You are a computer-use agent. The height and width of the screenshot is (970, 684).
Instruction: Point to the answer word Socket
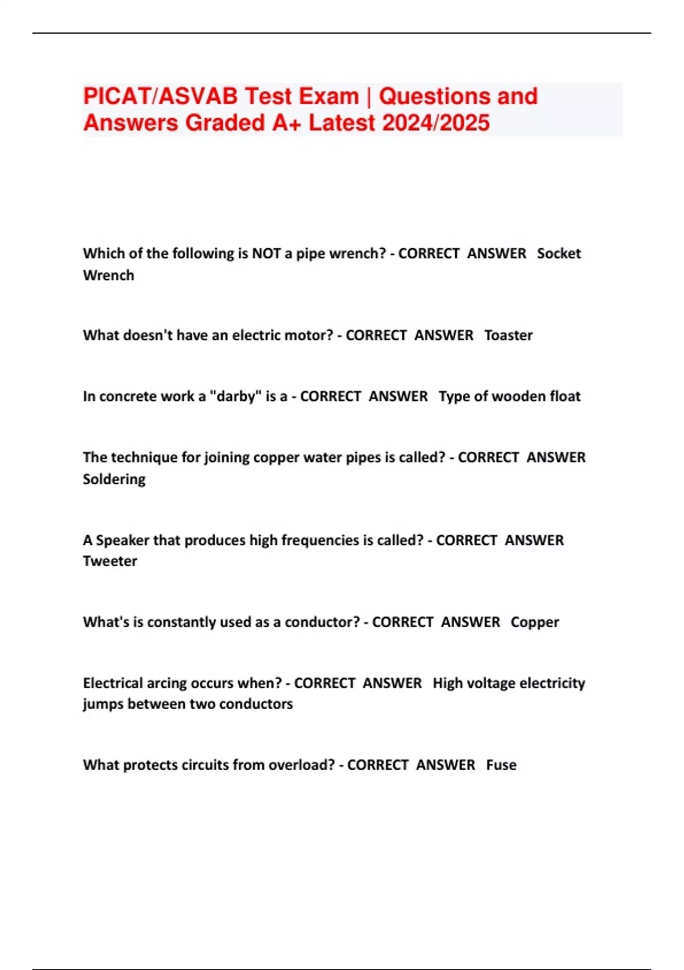[x=559, y=253]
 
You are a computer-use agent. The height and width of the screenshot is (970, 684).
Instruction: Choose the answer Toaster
[x=508, y=335]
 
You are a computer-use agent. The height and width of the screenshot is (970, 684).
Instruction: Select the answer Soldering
[x=114, y=479]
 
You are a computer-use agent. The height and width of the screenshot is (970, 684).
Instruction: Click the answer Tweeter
[x=110, y=561]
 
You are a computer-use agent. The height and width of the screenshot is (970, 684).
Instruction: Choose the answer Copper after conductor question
[x=535, y=622]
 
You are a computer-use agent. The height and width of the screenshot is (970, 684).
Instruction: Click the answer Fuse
[x=501, y=765]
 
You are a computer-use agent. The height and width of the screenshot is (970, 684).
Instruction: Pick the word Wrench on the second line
[x=108, y=275]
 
